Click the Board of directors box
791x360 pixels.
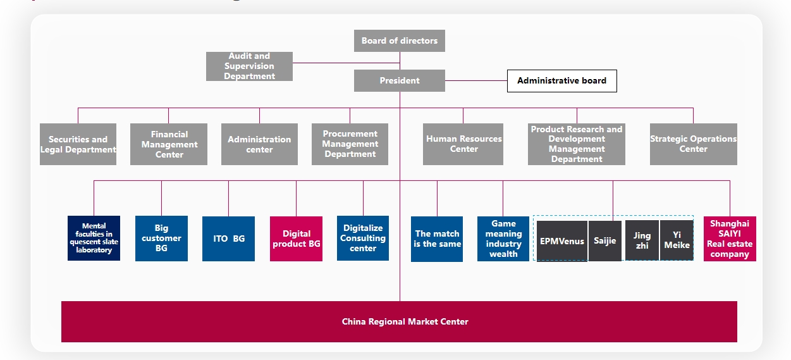coord(400,40)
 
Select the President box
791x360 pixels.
coord(400,80)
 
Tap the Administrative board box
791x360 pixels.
coord(561,80)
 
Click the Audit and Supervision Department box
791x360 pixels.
coord(249,66)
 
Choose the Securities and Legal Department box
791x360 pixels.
coord(78,144)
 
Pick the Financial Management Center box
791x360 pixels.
coord(169,144)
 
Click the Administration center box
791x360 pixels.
coord(259,144)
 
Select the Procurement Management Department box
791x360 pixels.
coord(350,144)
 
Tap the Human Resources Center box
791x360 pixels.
coord(463,144)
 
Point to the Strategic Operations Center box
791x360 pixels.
coord(693,144)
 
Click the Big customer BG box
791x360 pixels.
coord(161,239)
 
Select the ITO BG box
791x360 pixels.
coord(228,239)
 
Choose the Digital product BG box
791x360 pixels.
coord(296,239)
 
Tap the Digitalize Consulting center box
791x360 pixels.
coord(363,239)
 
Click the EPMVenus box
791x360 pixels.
coord(561,241)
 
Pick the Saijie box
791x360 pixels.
coord(605,241)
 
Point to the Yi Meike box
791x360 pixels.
coord(677,241)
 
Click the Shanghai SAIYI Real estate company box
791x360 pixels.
coord(730,239)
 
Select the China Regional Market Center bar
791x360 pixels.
coord(399,321)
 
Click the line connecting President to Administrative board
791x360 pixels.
coord(476,80)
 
